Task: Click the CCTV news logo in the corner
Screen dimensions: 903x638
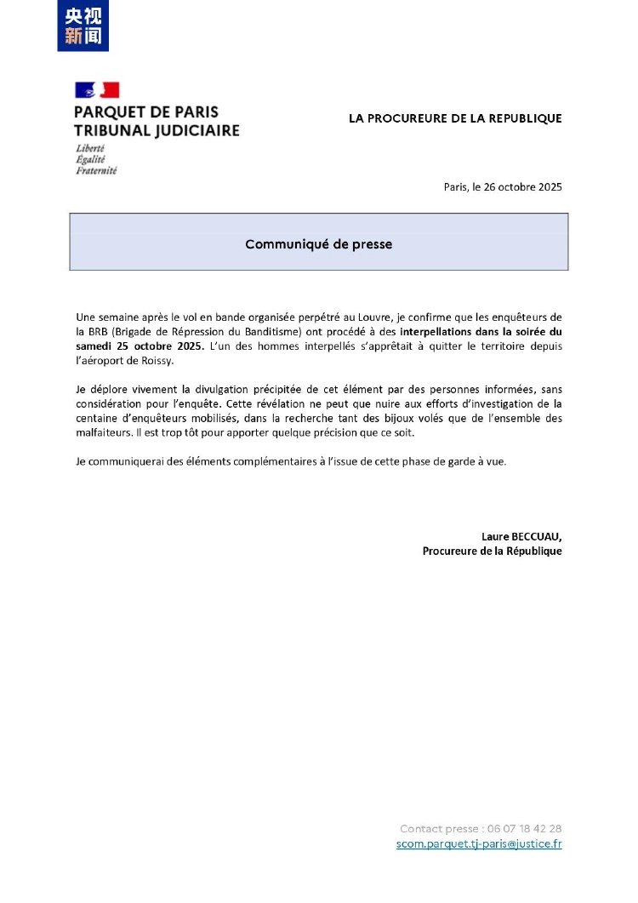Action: coord(83,26)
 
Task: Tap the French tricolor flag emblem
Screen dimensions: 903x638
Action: coord(97,90)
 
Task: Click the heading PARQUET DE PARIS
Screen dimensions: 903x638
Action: coord(146,112)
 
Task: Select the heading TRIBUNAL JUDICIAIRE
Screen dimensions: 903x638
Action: coord(157,130)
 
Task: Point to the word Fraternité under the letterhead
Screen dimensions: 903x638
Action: coord(96,170)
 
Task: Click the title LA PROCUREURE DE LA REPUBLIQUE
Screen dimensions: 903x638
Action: coord(455,118)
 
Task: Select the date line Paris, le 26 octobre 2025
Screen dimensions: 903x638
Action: coord(503,187)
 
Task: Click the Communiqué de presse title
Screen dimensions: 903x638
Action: coord(319,244)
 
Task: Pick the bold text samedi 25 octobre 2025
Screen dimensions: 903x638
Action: coord(140,346)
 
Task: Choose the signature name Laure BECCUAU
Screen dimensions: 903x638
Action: coord(521,536)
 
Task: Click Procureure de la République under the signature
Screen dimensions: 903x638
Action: coord(492,551)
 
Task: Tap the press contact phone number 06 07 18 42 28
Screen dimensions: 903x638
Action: coord(525,828)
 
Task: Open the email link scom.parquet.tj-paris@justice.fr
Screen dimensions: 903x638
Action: coord(479,843)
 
